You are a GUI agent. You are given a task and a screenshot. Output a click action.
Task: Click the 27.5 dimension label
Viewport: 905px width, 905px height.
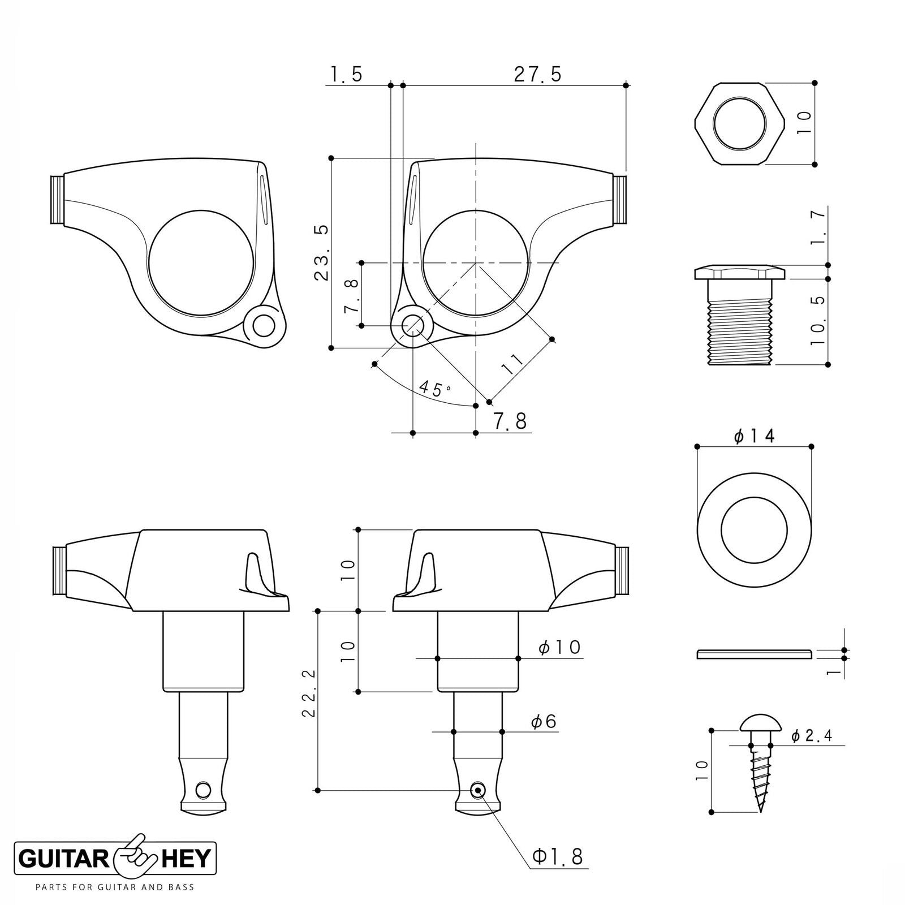pyautogui.click(x=537, y=74)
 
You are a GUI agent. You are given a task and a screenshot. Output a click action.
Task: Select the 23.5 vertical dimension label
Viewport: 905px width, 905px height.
pyautogui.click(x=321, y=252)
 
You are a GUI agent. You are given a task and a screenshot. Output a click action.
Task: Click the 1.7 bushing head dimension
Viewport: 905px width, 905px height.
pyautogui.click(x=817, y=227)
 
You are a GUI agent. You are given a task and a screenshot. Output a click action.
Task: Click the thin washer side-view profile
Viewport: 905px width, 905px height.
pyautogui.click(x=753, y=654)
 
